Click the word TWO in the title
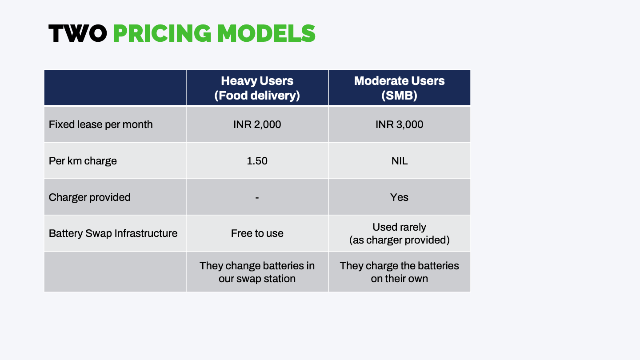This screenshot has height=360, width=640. point(77,34)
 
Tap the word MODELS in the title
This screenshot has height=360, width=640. point(266,34)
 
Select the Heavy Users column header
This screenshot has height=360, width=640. point(257,81)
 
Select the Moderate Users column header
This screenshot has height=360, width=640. point(399,81)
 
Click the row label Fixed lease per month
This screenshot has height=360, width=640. point(100,124)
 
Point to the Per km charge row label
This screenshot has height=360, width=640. point(83,161)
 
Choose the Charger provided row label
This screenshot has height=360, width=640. point(89,197)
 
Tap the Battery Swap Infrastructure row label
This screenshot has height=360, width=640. point(113,233)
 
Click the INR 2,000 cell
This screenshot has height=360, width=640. point(257,124)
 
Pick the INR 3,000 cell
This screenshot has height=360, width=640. point(399,124)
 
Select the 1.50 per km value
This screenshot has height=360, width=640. point(257,161)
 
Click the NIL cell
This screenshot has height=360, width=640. point(399,161)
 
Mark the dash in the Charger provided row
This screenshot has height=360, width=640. point(257,197)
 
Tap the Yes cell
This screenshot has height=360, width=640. point(399,197)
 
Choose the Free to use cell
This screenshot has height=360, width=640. point(257,233)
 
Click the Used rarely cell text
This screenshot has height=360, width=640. point(399,228)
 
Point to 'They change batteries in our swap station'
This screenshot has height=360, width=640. point(257,272)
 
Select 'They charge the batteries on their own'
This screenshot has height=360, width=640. point(399,272)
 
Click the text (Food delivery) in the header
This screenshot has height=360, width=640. point(257,96)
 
